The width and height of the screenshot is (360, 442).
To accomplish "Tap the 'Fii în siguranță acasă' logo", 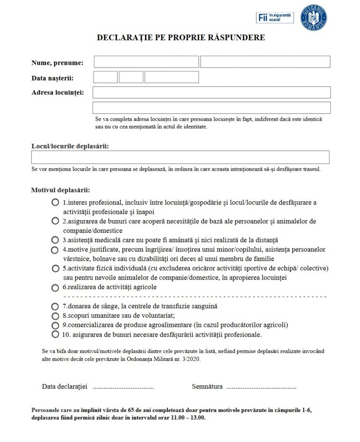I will (274, 18).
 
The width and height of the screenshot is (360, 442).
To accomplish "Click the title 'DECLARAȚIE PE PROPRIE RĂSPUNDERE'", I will (181, 38).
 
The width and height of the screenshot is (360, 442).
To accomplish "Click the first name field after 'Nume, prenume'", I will (146, 62).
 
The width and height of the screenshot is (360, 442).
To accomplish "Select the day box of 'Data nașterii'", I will (105, 77).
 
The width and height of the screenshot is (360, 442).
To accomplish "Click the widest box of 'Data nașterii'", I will (171, 77).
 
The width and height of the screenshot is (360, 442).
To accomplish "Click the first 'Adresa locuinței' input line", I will (211, 92).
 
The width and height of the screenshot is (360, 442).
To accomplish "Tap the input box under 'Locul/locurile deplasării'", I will (180, 157).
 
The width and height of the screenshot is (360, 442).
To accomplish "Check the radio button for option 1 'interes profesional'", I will (55, 202).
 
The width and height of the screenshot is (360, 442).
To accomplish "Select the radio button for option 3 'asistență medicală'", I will (55, 240).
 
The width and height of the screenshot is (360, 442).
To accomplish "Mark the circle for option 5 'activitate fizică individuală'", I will (55, 268).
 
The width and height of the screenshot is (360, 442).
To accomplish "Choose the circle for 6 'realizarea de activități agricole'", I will (55, 288).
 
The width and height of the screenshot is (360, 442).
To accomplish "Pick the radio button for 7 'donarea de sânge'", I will (55, 307).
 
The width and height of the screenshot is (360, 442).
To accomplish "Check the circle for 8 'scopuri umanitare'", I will (55, 316).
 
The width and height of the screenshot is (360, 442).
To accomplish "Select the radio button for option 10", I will (55, 334).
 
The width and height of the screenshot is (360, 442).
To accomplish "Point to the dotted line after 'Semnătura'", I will (261, 387).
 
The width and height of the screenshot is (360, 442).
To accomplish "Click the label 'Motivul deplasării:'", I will (61, 190).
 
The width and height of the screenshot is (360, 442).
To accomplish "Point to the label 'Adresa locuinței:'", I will (61, 93).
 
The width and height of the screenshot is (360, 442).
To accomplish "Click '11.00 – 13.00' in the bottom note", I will (187, 418).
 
